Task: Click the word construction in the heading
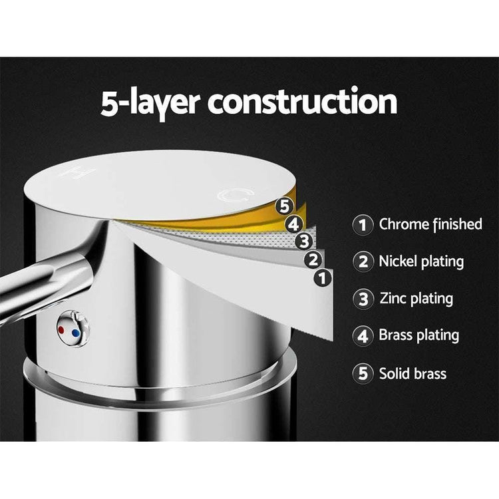tap(302, 102)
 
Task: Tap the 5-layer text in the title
tap(150, 103)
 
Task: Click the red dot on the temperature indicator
tap(62, 330)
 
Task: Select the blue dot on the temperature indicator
tap(76, 333)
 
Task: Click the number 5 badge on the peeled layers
tap(284, 206)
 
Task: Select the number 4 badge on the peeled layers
tap(293, 224)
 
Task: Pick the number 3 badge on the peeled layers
tap(304, 242)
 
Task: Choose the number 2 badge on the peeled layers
tap(313, 259)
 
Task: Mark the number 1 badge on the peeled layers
tap(323, 278)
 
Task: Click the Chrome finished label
tap(430, 224)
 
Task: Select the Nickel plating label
tap(421, 262)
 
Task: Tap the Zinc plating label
tap(416, 299)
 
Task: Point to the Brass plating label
tap(418, 335)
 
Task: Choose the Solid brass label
tap(413, 374)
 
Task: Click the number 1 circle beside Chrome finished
tap(363, 225)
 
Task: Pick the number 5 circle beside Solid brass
tap(363, 373)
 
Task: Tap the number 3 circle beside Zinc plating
tap(363, 299)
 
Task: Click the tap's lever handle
tap(48, 280)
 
